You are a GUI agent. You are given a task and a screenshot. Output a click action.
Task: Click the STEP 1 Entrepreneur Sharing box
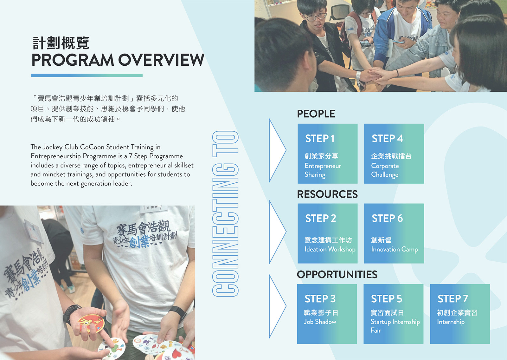point(328,154)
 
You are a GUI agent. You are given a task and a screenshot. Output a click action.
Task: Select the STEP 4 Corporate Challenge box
point(394,154)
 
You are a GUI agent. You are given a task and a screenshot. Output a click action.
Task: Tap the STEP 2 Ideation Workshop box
point(328,233)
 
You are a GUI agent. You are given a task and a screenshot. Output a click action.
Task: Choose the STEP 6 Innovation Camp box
point(394,233)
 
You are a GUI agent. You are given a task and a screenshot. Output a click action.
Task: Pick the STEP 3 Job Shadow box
point(327,314)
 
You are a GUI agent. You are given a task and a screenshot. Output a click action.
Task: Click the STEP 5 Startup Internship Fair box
point(393,314)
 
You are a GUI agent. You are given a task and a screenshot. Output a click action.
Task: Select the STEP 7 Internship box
point(460,314)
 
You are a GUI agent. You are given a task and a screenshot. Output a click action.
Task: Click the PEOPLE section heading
point(316,114)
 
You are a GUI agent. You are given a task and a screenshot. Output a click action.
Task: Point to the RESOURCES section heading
point(327,194)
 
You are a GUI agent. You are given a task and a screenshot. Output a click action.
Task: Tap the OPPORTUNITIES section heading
point(337,274)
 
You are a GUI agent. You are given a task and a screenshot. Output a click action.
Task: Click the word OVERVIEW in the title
point(161,60)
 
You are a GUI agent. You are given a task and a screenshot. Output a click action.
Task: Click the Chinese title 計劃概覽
point(61,43)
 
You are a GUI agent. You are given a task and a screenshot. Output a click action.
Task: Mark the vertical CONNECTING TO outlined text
point(225,214)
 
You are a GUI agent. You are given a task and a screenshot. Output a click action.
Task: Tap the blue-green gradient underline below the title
point(87,75)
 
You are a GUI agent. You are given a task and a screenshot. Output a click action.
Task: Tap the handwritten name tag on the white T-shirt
point(153,209)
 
